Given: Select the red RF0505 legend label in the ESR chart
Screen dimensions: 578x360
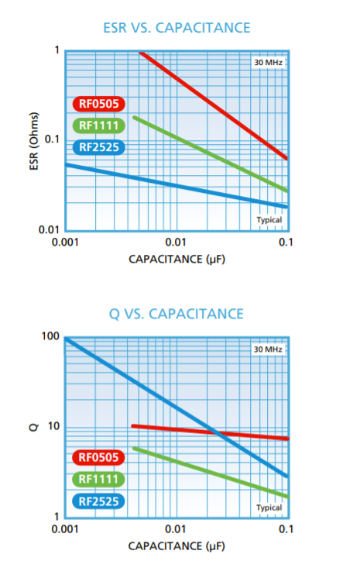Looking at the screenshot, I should (100, 104).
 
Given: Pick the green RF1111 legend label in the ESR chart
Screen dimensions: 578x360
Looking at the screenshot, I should (100, 126).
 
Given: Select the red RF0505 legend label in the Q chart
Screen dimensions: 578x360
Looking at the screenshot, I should (100, 458).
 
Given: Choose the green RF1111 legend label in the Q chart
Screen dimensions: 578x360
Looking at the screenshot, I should (100, 480).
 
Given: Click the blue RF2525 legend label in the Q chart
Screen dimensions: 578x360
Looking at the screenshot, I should (100, 501).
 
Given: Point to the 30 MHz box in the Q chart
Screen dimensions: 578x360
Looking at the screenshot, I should (269, 350).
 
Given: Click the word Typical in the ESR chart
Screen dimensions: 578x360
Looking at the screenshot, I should (269, 220).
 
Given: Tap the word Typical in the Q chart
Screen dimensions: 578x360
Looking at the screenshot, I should (269, 507).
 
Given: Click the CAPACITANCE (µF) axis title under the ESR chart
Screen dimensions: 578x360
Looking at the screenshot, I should (177, 259).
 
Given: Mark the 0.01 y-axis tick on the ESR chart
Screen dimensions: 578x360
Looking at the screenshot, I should (49, 230).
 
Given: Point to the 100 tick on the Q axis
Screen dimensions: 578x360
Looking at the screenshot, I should (50, 337).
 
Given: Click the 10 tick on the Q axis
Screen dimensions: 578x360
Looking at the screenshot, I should (53, 427).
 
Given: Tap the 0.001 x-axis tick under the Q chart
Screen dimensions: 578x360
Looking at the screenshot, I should (65, 529).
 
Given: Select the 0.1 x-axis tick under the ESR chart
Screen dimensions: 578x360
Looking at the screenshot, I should (285, 243).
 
